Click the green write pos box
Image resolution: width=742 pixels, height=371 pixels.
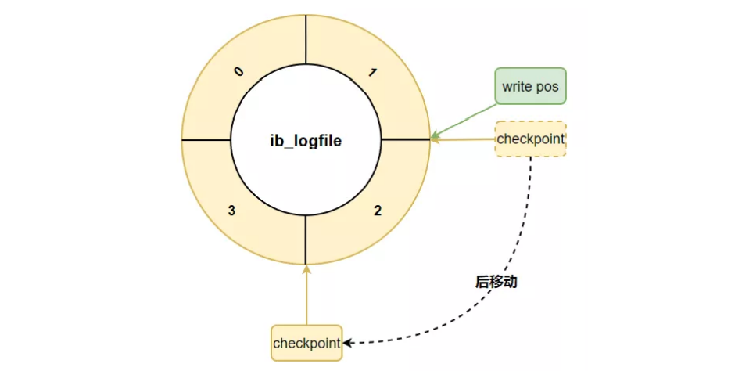click(x=530, y=85)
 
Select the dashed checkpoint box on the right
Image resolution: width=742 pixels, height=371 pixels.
click(x=530, y=139)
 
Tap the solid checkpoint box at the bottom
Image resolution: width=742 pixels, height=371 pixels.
click(x=306, y=343)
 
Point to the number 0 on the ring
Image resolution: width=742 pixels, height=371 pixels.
click(x=238, y=72)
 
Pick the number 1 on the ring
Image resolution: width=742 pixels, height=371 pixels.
click(x=373, y=73)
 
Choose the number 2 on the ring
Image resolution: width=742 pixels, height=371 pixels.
click(x=378, y=211)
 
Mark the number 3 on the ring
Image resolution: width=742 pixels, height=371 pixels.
click(x=231, y=211)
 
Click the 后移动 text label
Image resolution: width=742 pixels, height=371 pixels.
click(x=496, y=282)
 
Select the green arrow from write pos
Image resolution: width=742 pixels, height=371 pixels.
click(x=465, y=120)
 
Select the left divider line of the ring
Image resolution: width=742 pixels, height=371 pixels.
click(x=206, y=141)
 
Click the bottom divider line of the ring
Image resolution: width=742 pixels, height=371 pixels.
click(x=306, y=241)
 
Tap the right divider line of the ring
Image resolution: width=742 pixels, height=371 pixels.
click(x=405, y=140)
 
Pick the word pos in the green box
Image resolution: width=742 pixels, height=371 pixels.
click(x=548, y=86)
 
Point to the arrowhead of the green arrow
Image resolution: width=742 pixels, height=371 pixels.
click(x=435, y=135)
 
